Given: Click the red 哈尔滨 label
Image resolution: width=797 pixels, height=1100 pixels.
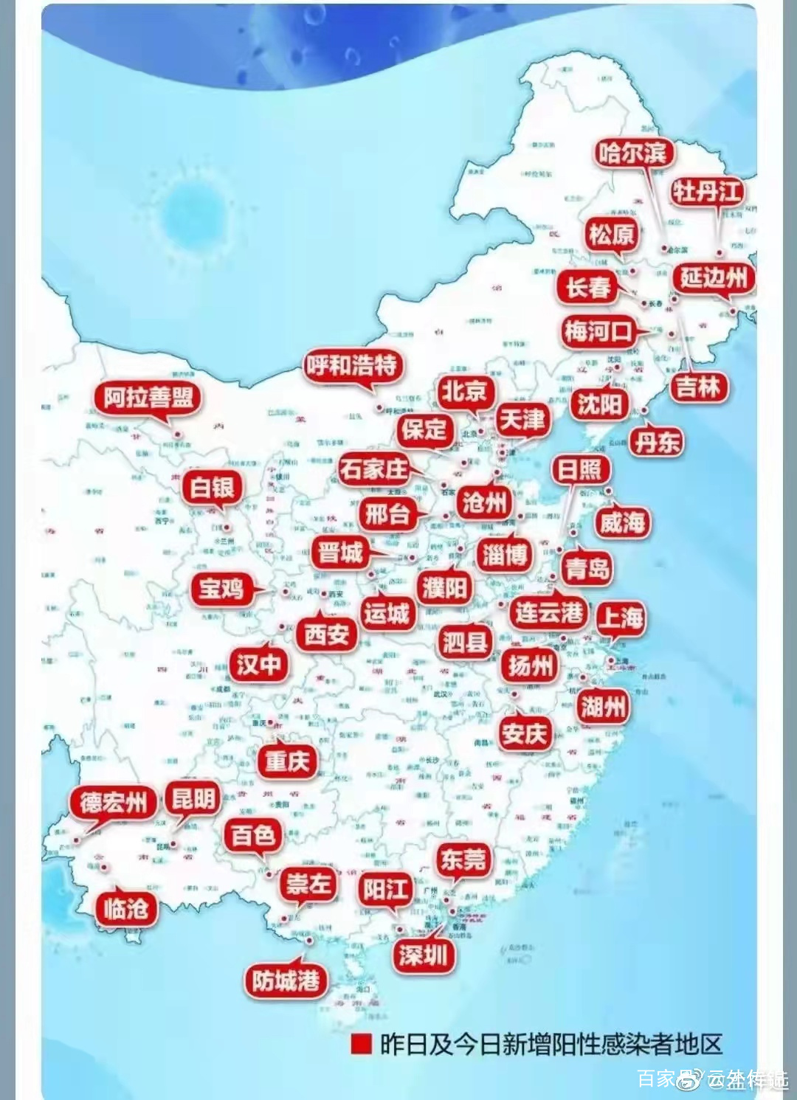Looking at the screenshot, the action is (632, 153).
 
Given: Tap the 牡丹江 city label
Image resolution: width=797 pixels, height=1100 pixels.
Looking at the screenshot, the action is (706, 192).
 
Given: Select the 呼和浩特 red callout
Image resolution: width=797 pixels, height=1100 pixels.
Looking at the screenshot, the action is (352, 364).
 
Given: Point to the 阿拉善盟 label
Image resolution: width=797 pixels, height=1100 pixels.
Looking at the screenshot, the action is (148, 398).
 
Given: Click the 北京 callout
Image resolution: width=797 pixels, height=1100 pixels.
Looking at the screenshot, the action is (464, 391).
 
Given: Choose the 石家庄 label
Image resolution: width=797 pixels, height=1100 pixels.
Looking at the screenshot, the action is (374, 469).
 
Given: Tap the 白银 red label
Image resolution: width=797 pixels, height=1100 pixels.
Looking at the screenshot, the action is (212, 487).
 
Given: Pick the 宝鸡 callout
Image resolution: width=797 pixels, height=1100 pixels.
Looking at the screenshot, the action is (221, 588).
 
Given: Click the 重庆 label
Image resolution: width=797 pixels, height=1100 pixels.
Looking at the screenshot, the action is (287, 761).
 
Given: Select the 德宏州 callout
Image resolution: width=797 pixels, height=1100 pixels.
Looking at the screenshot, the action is (114, 802).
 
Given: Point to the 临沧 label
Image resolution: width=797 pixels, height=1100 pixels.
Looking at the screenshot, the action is (125, 907).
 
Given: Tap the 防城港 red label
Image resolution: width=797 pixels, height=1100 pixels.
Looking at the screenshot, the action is (286, 980).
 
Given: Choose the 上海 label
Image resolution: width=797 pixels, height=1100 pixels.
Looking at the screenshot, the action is (620, 617).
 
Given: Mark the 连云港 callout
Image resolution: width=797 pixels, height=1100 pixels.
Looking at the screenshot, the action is (549, 612).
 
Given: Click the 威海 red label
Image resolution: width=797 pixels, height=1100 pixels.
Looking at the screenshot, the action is (622, 522).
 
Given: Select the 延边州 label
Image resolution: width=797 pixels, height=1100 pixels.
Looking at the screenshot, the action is (713, 278).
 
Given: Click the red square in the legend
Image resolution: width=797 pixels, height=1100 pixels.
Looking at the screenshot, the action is (361, 1044).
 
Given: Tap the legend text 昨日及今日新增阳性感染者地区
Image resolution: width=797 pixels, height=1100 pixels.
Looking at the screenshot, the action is (551, 1044).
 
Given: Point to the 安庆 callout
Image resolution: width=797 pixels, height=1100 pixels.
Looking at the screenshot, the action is (524, 733).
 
